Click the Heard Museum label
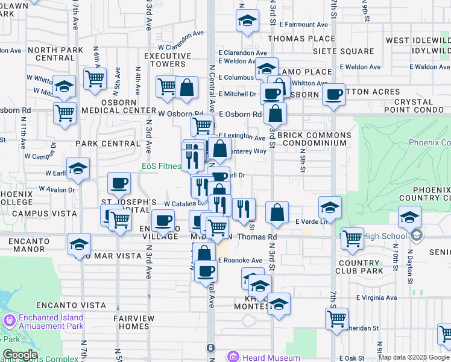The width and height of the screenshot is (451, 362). pyautogui.click(x=271, y=357)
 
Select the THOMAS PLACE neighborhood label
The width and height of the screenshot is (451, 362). pyautogui.click(x=292, y=39)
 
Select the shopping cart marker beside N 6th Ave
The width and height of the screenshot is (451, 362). pyautogui.click(x=95, y=78)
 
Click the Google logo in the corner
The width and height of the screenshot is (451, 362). pyautogui.click(x=20, y=355)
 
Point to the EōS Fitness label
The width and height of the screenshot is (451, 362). pyautogui.click(x=161, y=166)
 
